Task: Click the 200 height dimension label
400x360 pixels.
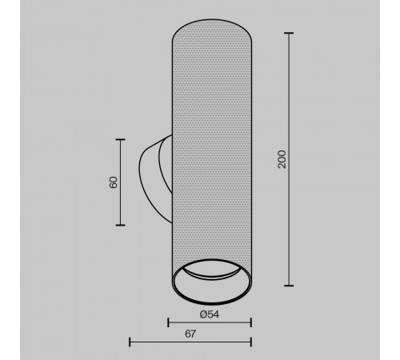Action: pyautogui.click(x=282, y=159)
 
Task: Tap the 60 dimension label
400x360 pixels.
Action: pyautogui.click(x=114, y=182)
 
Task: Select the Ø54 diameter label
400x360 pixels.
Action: pyautogui.click(x=210, y=314)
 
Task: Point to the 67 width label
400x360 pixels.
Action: pyautogui.click(x=190, y=334)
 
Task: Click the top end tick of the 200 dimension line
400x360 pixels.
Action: pyautogui.click(x=289, y=33)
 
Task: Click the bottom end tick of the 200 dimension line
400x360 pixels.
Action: pyautogui.click(x=289, y=286)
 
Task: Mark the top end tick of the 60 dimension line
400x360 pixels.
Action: pyautogui.click(x=120, y=139)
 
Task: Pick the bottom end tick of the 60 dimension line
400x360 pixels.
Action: pyautogui.click(x=120, y=225)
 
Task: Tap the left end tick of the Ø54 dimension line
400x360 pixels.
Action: pyautogui.click(x=168, y=322)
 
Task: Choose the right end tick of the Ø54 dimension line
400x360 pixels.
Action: pyautogui.click(x=251, y=322)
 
